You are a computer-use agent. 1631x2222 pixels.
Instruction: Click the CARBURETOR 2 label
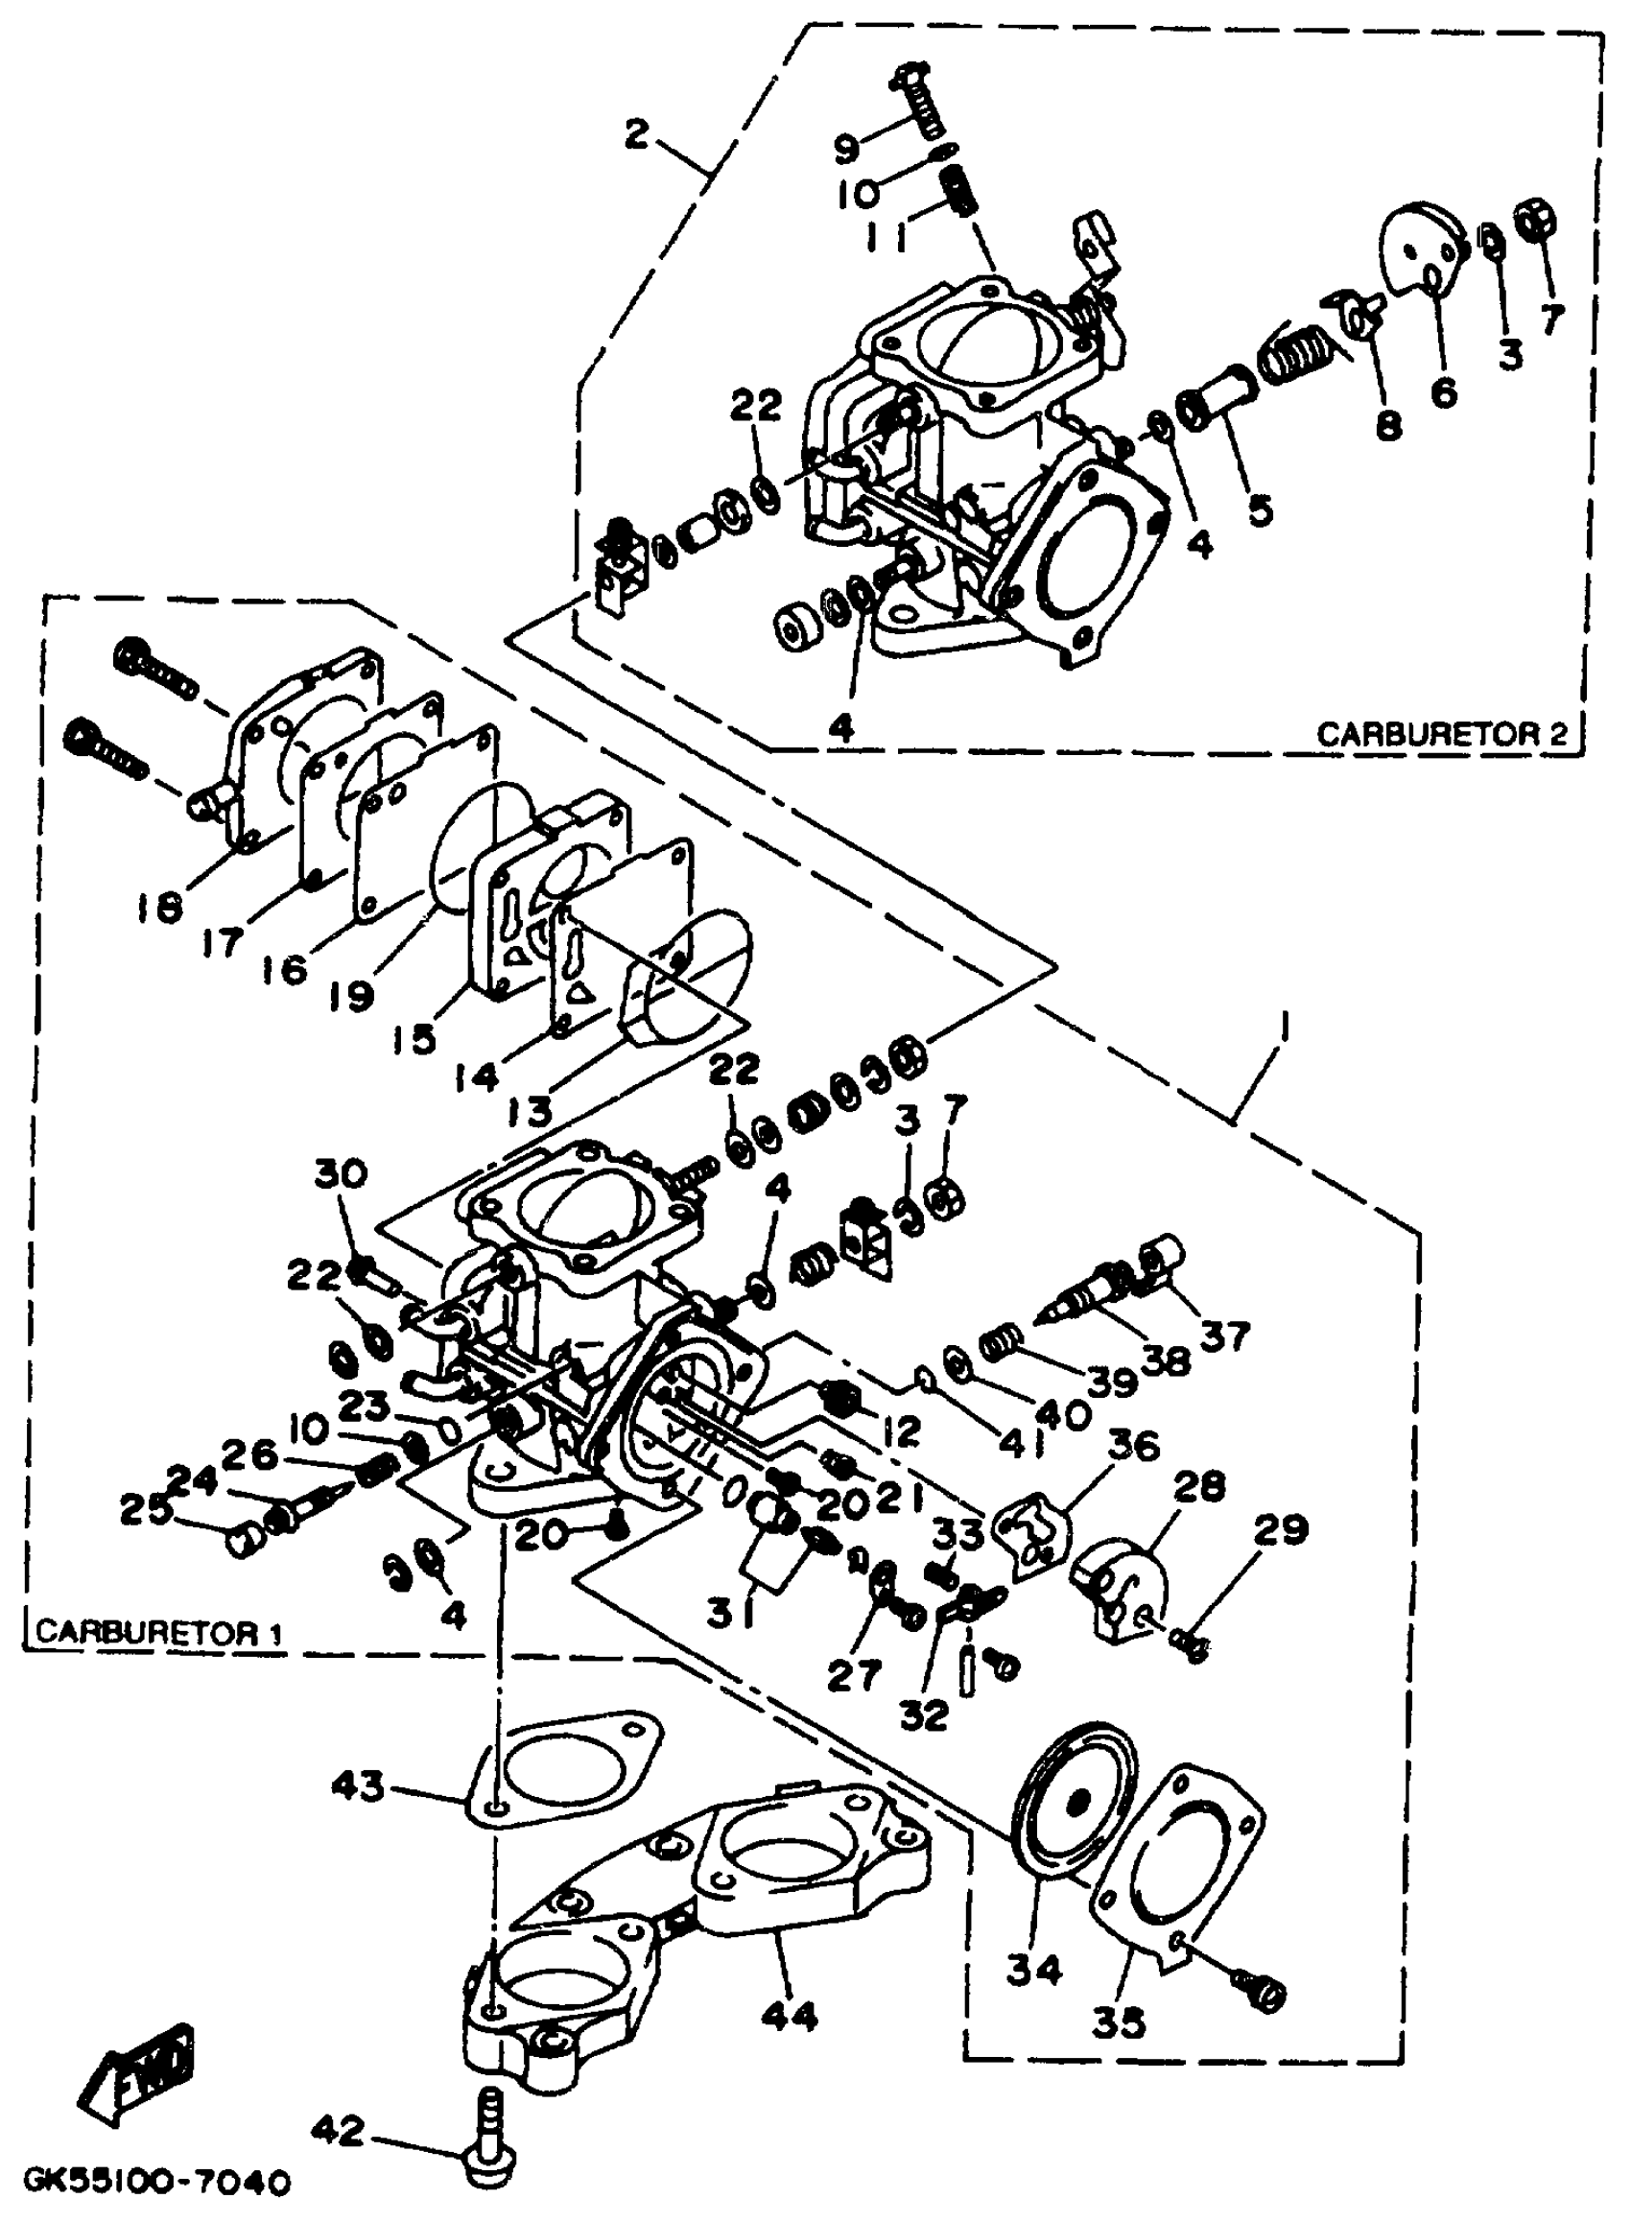tap(1441, 733)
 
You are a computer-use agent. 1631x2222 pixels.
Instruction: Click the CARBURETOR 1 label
tap(159, 1632)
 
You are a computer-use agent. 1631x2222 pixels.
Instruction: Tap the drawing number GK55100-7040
tap(156, 2181)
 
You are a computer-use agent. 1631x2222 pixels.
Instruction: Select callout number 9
tap(847, 150)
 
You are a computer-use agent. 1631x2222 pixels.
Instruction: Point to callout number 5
tap(1260, 509)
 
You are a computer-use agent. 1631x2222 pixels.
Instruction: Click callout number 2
tap(637, 134)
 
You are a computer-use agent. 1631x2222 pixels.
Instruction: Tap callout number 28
tap(1198, 1485)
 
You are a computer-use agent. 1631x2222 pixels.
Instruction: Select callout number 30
tap(342, 1174)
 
